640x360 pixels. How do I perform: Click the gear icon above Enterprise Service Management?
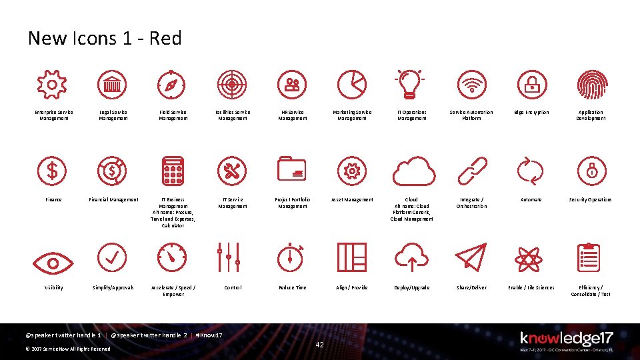click(x=51, y=85)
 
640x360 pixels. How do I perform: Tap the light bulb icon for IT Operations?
click(x=411, y=85)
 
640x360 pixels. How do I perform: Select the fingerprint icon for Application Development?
click(x=591, y=85)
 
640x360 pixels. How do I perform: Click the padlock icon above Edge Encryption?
click(x=531, y=85)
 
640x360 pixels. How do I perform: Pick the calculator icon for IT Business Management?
click(x=173, y=171)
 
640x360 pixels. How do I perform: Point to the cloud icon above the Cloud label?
click(x=413, y=171)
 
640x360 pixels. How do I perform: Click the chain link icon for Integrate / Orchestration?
click(x=471, y=171)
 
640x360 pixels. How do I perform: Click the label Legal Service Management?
click(x=113, y=115)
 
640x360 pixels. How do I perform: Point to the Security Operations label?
click(x=590, y=199)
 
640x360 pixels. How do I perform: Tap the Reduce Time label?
click(x=292, y=287)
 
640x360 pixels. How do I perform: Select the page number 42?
click(x=319, y=345)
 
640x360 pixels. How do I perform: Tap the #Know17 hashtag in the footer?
click(x=209, y=335)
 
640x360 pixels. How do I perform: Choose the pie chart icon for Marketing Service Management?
click(x=351, y=85)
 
